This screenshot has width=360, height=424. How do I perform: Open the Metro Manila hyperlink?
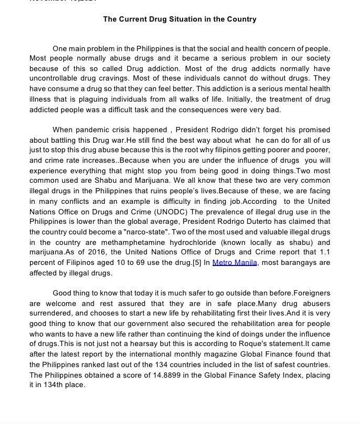tap(235, 263)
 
